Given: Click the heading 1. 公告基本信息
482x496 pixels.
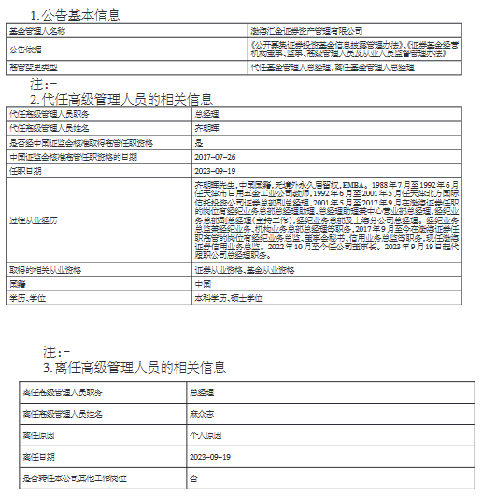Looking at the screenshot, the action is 75,15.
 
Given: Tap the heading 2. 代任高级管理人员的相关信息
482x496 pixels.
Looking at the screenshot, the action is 121,98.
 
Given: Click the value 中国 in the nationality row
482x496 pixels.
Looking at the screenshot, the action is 201,282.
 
